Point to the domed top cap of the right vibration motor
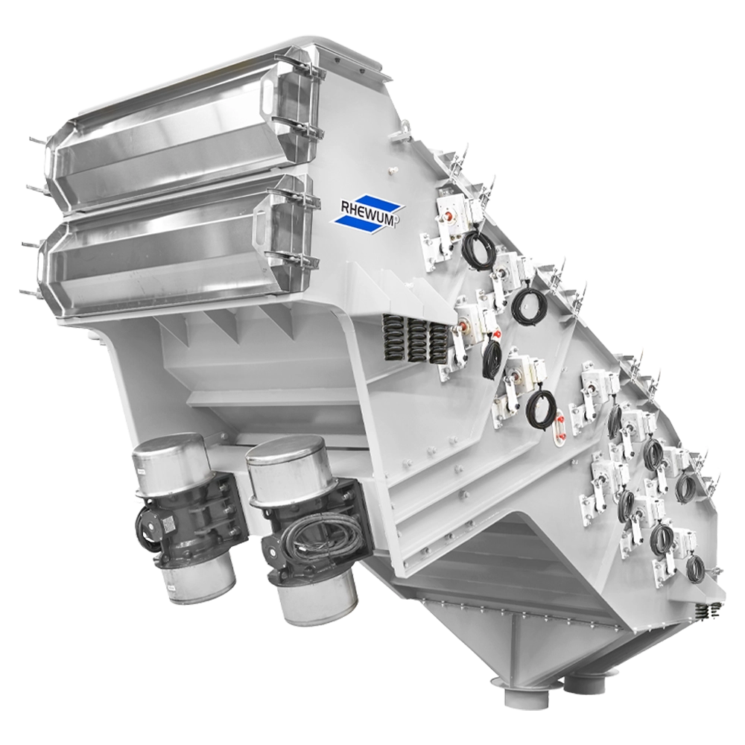(x=285, y=460)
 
